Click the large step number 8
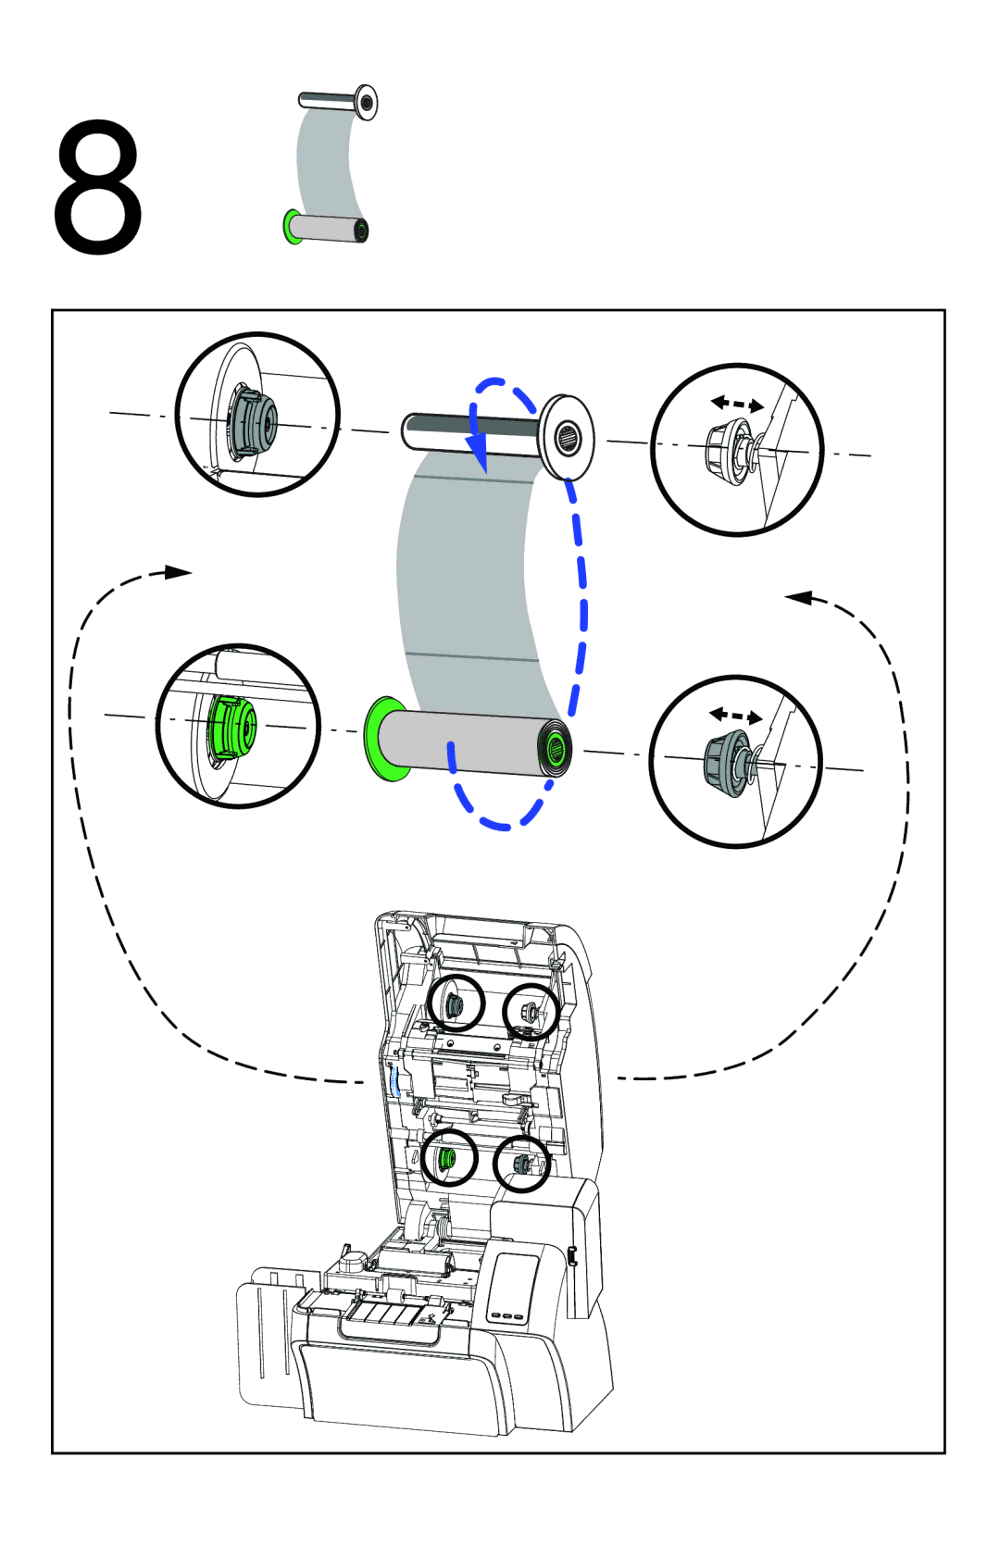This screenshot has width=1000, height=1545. coord(97,187)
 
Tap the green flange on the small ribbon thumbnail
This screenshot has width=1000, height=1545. coord(291,227)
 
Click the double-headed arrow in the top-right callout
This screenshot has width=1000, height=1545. coord(737,404)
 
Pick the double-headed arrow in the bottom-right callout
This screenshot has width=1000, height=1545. coord(735,716)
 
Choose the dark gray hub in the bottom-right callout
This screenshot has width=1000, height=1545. coord(726,762)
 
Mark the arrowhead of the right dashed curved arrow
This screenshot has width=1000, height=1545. coord(799,598)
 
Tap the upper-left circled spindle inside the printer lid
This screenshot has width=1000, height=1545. coord(456,1003)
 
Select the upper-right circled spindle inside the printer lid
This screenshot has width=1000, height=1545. coord(531,1012)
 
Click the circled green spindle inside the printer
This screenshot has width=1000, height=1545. coord(448,1158)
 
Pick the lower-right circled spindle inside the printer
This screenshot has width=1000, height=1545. coord(521,1165)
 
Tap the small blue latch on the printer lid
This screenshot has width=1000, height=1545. coord(396,1082)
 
